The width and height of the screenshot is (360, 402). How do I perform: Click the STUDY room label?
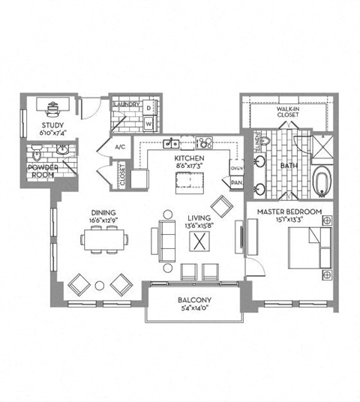tap(52, 125)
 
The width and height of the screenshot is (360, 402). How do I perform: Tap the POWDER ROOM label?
tap(43, 172)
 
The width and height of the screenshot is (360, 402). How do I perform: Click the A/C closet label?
tap(119, 147)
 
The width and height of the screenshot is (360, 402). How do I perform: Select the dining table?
tap(104, 239)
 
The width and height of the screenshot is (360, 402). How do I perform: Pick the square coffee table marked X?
tap(200, 241)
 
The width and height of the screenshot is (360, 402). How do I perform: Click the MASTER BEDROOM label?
tap(289, 212)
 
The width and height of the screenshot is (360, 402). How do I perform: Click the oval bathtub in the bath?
tap(322, 181)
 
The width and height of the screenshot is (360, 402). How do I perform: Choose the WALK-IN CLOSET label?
tap(287, 112)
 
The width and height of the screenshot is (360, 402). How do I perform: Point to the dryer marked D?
tap(148, 108)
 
